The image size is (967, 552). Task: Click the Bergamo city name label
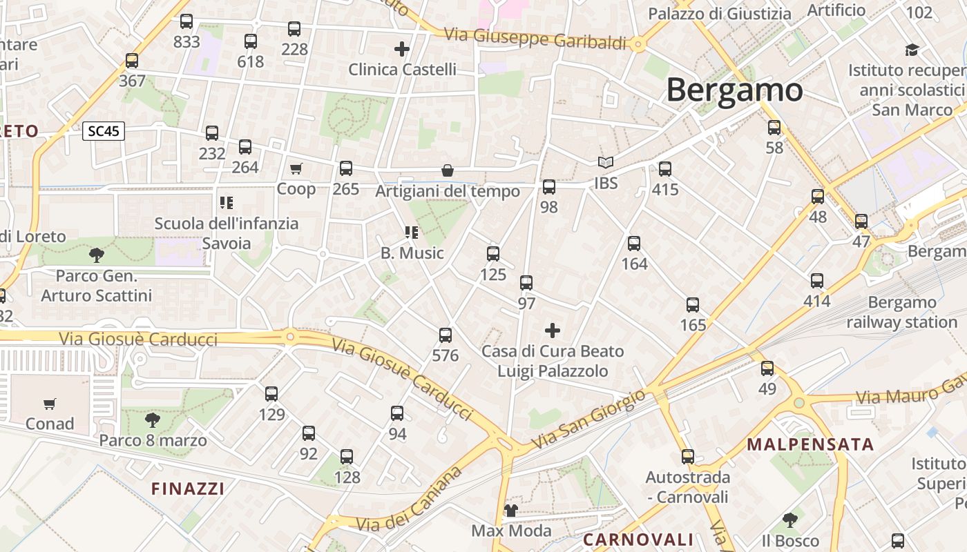pyautogui.click(x=734, y=90)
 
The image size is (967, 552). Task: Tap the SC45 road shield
pyautogui.click(x=104, y=131)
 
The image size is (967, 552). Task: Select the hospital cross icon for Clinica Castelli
pyautogui.click(x=402, y=49)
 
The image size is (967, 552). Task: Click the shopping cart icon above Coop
pyautogui.click(x=296, y=168)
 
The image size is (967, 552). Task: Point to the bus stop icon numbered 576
pyautogui.click(x=446, y=335)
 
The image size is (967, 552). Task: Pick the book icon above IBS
pyautogui.click(x=606, y=163)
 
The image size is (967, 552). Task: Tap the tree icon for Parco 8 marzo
pyautogui.click(x=153, y=420)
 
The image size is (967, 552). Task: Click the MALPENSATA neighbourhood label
pyautogui.click(x=810, y=444)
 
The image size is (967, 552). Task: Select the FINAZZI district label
pyautogui.click(x=188, y=489)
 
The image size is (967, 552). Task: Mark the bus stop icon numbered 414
pyautogui.click(x=817, y=281)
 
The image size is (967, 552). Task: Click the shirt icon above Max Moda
pyautogui.click(x=511, y=511)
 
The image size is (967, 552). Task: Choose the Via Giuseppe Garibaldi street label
pyautogui.click(x=535, y=39)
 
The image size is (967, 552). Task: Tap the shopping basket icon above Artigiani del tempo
pyautogui.click(x=448, y=170)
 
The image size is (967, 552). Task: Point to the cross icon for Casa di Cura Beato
pyautogui.click(x=553, y=331)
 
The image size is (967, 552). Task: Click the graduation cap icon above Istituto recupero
pyautogui.click(x=912, y=50)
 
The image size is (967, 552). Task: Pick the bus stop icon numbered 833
pyautogui.click(x=186, y=21)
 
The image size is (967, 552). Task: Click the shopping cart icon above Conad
pyautogui.click(x=49, y=404)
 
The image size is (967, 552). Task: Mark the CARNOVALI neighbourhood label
pyautogui.click(x=638, y=540)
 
